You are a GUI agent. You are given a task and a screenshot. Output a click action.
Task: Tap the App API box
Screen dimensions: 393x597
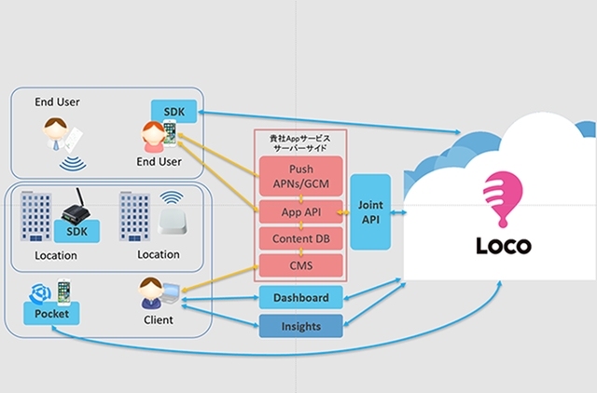[301, 212]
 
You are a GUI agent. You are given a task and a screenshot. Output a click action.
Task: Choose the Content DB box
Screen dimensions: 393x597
[301, 239]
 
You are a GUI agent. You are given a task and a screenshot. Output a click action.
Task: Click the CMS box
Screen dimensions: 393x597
[301, 266]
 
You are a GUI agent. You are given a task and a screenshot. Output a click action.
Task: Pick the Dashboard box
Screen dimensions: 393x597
[300, 298]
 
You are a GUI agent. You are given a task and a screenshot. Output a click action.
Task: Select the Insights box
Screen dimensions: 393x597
[300, 326]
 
